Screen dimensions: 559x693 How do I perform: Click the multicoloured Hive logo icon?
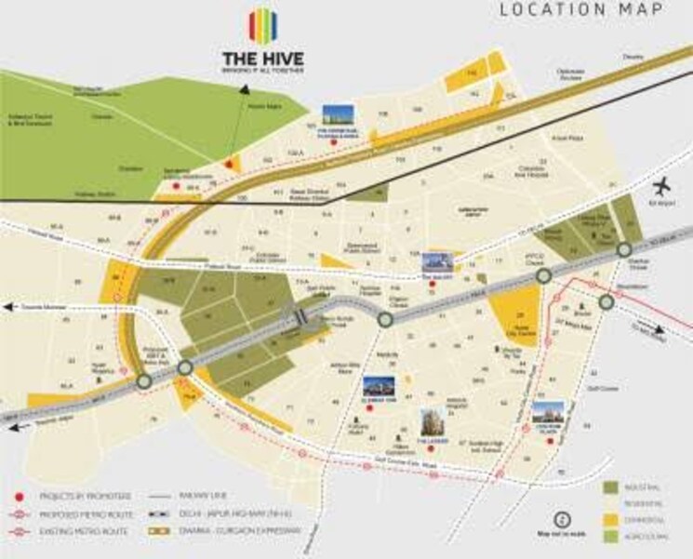264,27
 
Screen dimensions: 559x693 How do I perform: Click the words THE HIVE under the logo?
264,59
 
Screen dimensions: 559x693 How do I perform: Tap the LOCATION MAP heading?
581,10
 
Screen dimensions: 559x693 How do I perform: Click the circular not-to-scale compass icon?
561,520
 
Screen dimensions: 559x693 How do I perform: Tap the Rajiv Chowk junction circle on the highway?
385,319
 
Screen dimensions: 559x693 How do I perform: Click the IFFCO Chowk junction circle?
543,275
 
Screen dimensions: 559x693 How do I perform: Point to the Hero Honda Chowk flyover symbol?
300,317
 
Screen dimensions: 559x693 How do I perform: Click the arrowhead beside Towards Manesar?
7,306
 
